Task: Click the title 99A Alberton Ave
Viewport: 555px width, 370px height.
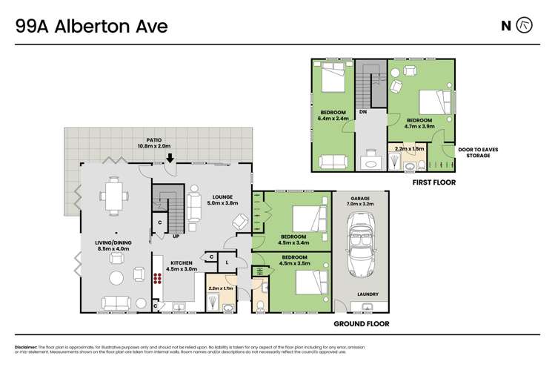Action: (92, 27)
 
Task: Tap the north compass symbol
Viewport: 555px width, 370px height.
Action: (523, 25)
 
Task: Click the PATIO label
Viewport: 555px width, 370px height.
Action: (153, 139)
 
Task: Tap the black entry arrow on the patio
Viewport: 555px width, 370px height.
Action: (170, 157)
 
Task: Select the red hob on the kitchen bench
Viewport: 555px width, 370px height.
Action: (157, 279)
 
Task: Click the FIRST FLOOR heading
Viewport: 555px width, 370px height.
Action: (433, 182)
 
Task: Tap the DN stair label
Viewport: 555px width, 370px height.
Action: (363, 112)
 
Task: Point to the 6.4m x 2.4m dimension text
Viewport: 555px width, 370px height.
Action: (333, 118)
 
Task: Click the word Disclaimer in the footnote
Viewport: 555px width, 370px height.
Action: (27, 347)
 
